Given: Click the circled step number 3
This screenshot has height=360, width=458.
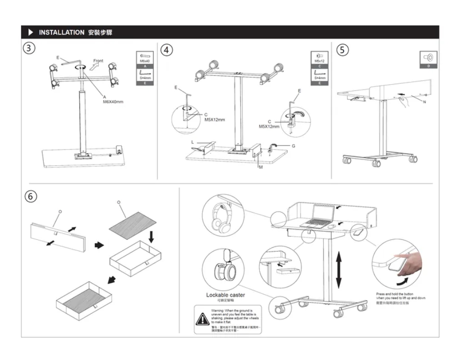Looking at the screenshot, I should pyautogui.click(x=31, y=49).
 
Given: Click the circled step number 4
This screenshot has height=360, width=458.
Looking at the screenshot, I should pyautogui.click(x=167, y=50).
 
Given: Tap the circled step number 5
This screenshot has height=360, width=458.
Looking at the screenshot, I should pyautogui.click(x=343, y=50).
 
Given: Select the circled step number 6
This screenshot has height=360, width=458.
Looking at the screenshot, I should pyautogui.click(x=31, y=197).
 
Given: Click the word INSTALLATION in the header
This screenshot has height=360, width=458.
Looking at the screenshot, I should pyautogui.click(x=61, y=33).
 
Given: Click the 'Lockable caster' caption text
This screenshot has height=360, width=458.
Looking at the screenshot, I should pyautogui.click(x=225, y=295).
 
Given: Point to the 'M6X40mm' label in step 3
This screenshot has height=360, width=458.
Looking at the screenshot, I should pyautogui.click(x=113, y=102).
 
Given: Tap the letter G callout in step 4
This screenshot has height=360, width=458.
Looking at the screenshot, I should pyautogui.click(x=294, y=146).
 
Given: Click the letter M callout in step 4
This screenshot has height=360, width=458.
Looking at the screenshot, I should pyautogui.click(x=260, y=167).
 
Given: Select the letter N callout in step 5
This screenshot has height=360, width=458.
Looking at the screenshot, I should pyautogui.click(x=424, y=102).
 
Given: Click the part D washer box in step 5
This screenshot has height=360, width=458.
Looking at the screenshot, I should pyautogui.click(x=428, y=59).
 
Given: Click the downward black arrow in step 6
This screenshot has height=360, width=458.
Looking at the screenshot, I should pyautogui.click(x=151, y=237).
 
